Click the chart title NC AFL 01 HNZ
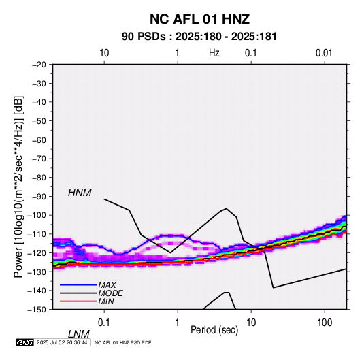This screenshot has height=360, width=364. click(x=199, y=19)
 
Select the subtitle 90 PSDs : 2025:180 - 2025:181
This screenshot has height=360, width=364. click(x=199, y=37)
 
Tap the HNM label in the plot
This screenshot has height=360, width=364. click(x=80, y=193)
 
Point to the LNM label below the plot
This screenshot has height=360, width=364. click(x=79, y=334)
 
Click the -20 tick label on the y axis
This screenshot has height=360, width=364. click(x=39, y=65)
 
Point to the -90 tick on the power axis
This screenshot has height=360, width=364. click(x=39, y=197)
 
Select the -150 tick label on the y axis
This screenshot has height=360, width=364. click(x=37, y=310)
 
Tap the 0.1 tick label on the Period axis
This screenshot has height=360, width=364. click(x=103, y=323)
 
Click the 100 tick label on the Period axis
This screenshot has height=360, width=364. click(x=325, y=323)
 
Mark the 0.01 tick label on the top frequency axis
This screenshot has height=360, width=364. click(x=324, y=53)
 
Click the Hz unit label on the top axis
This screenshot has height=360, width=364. click(x=214, y=53)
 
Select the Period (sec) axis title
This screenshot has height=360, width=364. click(x=214, y=330)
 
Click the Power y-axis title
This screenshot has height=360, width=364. click(x=18, y=187)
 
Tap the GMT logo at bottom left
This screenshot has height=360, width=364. click(x=24, y=342)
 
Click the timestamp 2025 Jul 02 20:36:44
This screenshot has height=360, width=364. click(x=62, y=342)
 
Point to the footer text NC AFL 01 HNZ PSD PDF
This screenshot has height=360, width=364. click(x=122, y=342)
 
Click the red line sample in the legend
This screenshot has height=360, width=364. click(x=78, y=301)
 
